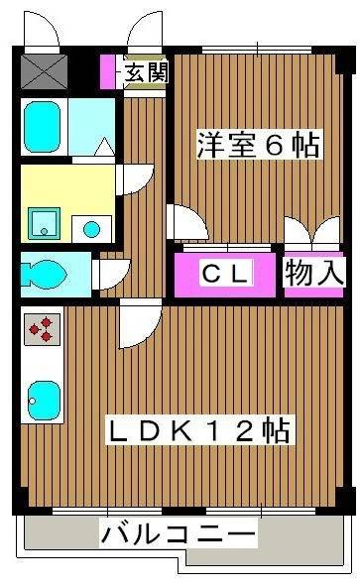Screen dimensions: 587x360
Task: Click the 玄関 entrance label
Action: click(146, 71)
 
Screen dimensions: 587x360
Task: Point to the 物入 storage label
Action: click(314, 272)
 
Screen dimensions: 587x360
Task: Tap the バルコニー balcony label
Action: click(179, 535)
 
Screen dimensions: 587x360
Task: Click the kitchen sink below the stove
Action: click(42, 399)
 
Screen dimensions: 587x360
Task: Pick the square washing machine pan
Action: click(43, 224)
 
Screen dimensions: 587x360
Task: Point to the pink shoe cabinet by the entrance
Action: click(108, 70)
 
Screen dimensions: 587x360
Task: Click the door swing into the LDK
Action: click(136, 323)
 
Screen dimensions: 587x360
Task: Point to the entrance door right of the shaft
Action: click(143, 33)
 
